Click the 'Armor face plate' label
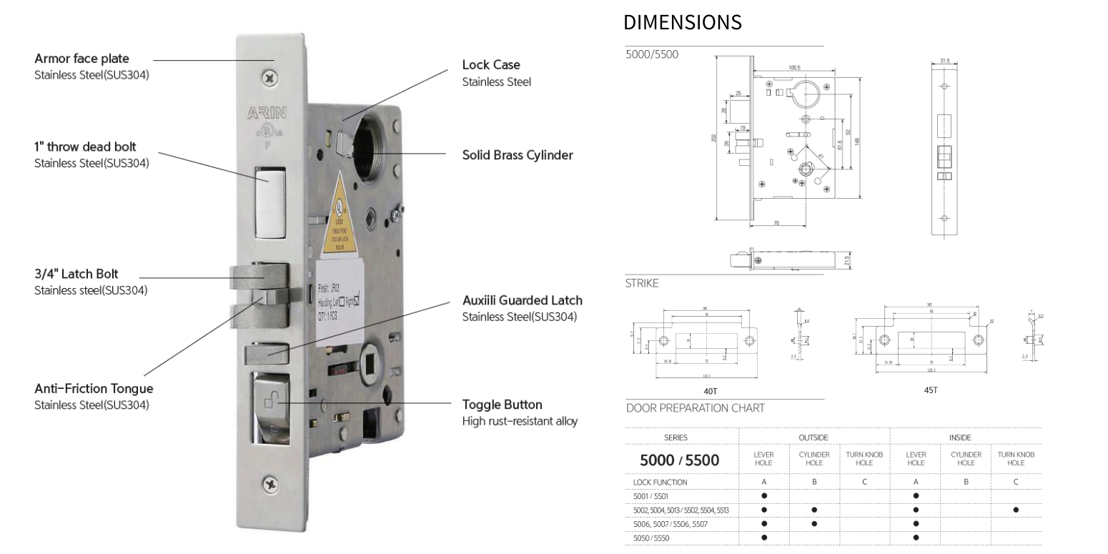pyautogui.click(x=82, y=59)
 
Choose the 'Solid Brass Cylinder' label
pyautogui.click(x=518, y=154)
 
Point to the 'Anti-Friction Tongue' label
pyautogui.click(x=94, y=389)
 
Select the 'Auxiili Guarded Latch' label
pyautogui.click(x=522, y=300)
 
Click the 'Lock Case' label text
pyautogui.click(x=491, y=65)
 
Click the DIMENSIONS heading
pyautogui.click(x=683, y=23)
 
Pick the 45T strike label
pyautogui.click(x=930, y=390)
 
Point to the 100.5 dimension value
pyautogui.click(x=794, y=68)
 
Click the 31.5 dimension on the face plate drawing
pyautogui.click(x=944, y=61)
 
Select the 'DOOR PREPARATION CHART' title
pyautogui.click(x=695, y=408)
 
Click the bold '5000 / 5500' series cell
pyautogui.click(x=680, y=460)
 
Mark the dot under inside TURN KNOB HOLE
pyautogui.click(x=1016, y=510)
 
